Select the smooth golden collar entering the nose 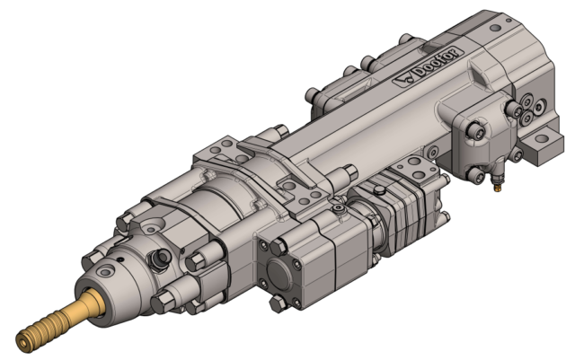[x=89, y=303]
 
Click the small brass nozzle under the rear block [x=494, y=187]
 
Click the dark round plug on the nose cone [x=163, y=259]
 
